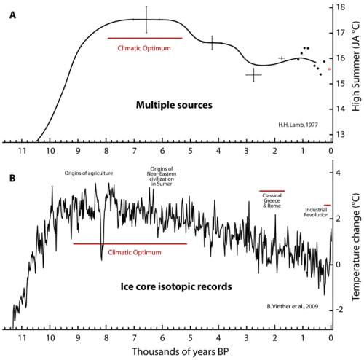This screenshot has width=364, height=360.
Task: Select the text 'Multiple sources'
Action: tap(174, 106)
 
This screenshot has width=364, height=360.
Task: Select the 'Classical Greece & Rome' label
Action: tap(272, 199)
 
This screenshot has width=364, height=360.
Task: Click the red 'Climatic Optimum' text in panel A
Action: tap(144, 48)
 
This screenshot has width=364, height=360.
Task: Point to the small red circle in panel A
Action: tap(329, 69)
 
